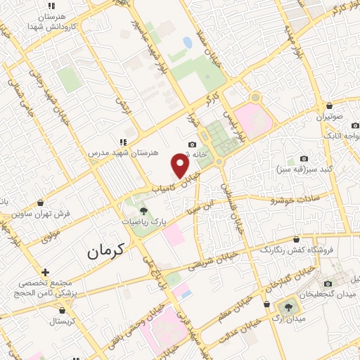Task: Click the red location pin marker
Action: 181,166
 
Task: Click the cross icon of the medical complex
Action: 46,272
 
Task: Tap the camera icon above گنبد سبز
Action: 304,159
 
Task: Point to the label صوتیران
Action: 328,117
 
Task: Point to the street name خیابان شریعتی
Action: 201,265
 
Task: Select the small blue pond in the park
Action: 188,43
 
